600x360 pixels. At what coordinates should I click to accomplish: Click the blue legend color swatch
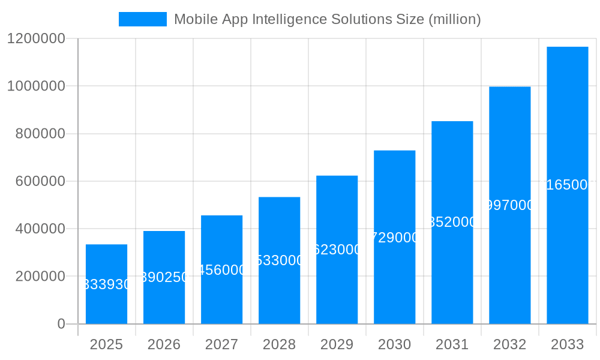coord(142,19)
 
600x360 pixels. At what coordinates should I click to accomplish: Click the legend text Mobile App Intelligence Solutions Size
coord(327,19)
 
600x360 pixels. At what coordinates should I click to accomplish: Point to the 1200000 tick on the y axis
coord(36,38)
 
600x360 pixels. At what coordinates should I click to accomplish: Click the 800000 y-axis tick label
coord(40,134)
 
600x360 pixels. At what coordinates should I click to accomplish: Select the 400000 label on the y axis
coord(40,229)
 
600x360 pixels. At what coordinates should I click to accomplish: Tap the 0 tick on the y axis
coord(61,324)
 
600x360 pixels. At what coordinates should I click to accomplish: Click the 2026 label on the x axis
coord(164,344)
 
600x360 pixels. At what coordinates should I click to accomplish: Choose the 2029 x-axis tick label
coord(337,344)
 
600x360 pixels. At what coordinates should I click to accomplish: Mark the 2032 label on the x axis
coord(509,344)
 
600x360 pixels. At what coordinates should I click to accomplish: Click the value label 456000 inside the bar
coord(221,270)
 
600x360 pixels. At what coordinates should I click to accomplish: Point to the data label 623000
coord(337,250)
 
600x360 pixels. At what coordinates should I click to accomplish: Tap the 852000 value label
coord(452,222)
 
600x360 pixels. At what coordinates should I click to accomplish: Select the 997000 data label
coord(509,205)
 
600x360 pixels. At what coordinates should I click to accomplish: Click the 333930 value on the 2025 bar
coord(106,284)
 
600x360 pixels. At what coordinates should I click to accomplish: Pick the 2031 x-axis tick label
coord(452,344)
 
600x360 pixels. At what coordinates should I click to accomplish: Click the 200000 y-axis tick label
coord(40,277)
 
